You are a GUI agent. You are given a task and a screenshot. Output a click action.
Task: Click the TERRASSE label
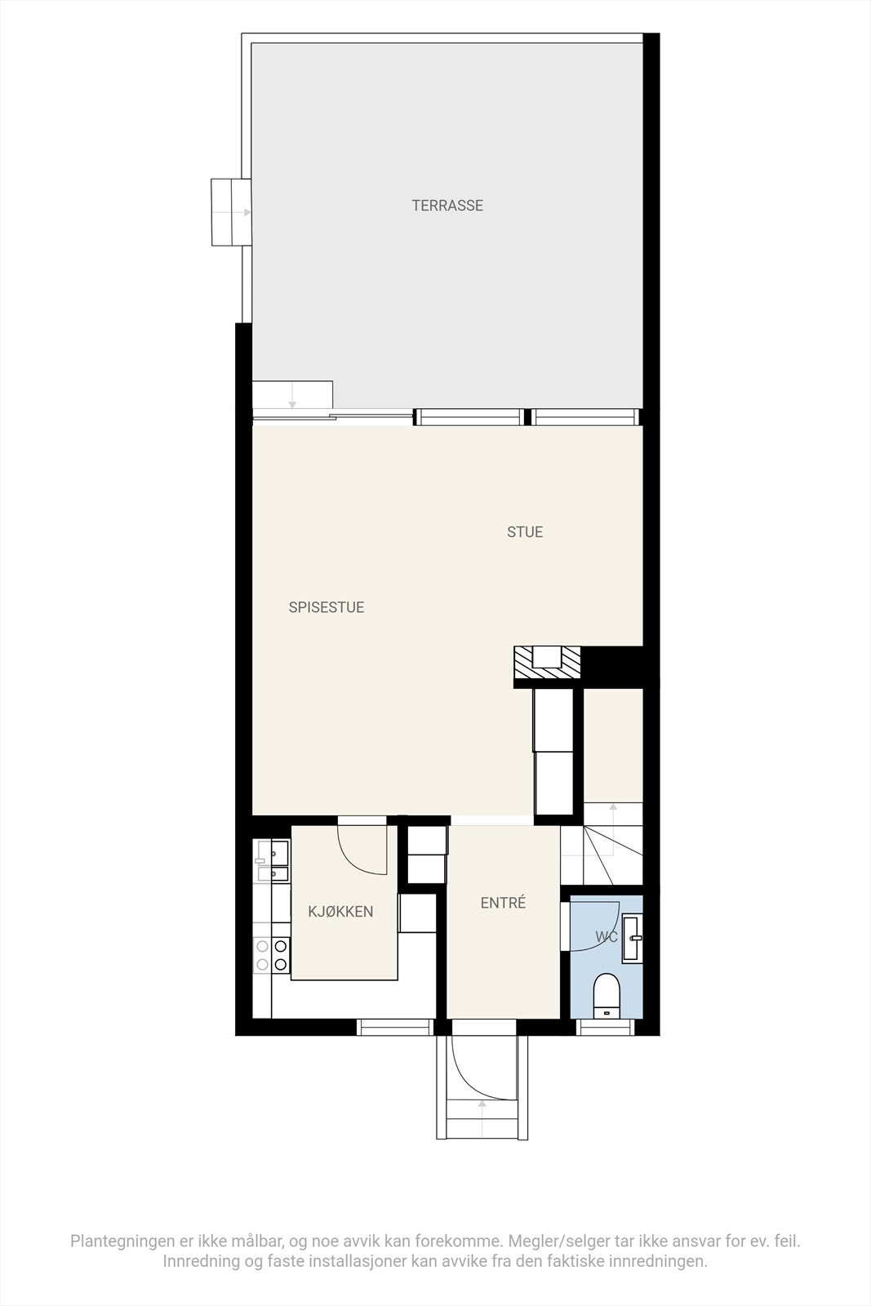[x=447, y=206]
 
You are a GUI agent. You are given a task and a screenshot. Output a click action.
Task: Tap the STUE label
[x=525, y=532]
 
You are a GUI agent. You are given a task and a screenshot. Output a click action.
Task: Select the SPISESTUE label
[x=327, y=607]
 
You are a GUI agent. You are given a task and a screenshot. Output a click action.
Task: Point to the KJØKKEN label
[x=340, y=912]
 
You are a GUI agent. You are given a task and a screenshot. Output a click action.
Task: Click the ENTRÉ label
[x=503, y=903]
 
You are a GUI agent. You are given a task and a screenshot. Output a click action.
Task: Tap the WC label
[x=607, y=937]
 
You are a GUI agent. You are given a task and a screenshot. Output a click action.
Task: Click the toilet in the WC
[x=607, y=994]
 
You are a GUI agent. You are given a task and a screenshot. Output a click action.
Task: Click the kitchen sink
[x=272, y=862]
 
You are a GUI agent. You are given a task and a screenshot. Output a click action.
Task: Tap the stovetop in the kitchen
[x=272, y=955]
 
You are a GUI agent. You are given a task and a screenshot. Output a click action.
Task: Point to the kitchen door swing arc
[x=359, y=853]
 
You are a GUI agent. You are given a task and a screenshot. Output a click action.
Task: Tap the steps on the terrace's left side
[x=231, y=212]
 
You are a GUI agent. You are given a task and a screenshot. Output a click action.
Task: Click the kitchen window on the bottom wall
[x=396, y=1027]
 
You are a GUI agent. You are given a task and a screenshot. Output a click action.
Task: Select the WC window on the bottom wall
[x=606, y=1027]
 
